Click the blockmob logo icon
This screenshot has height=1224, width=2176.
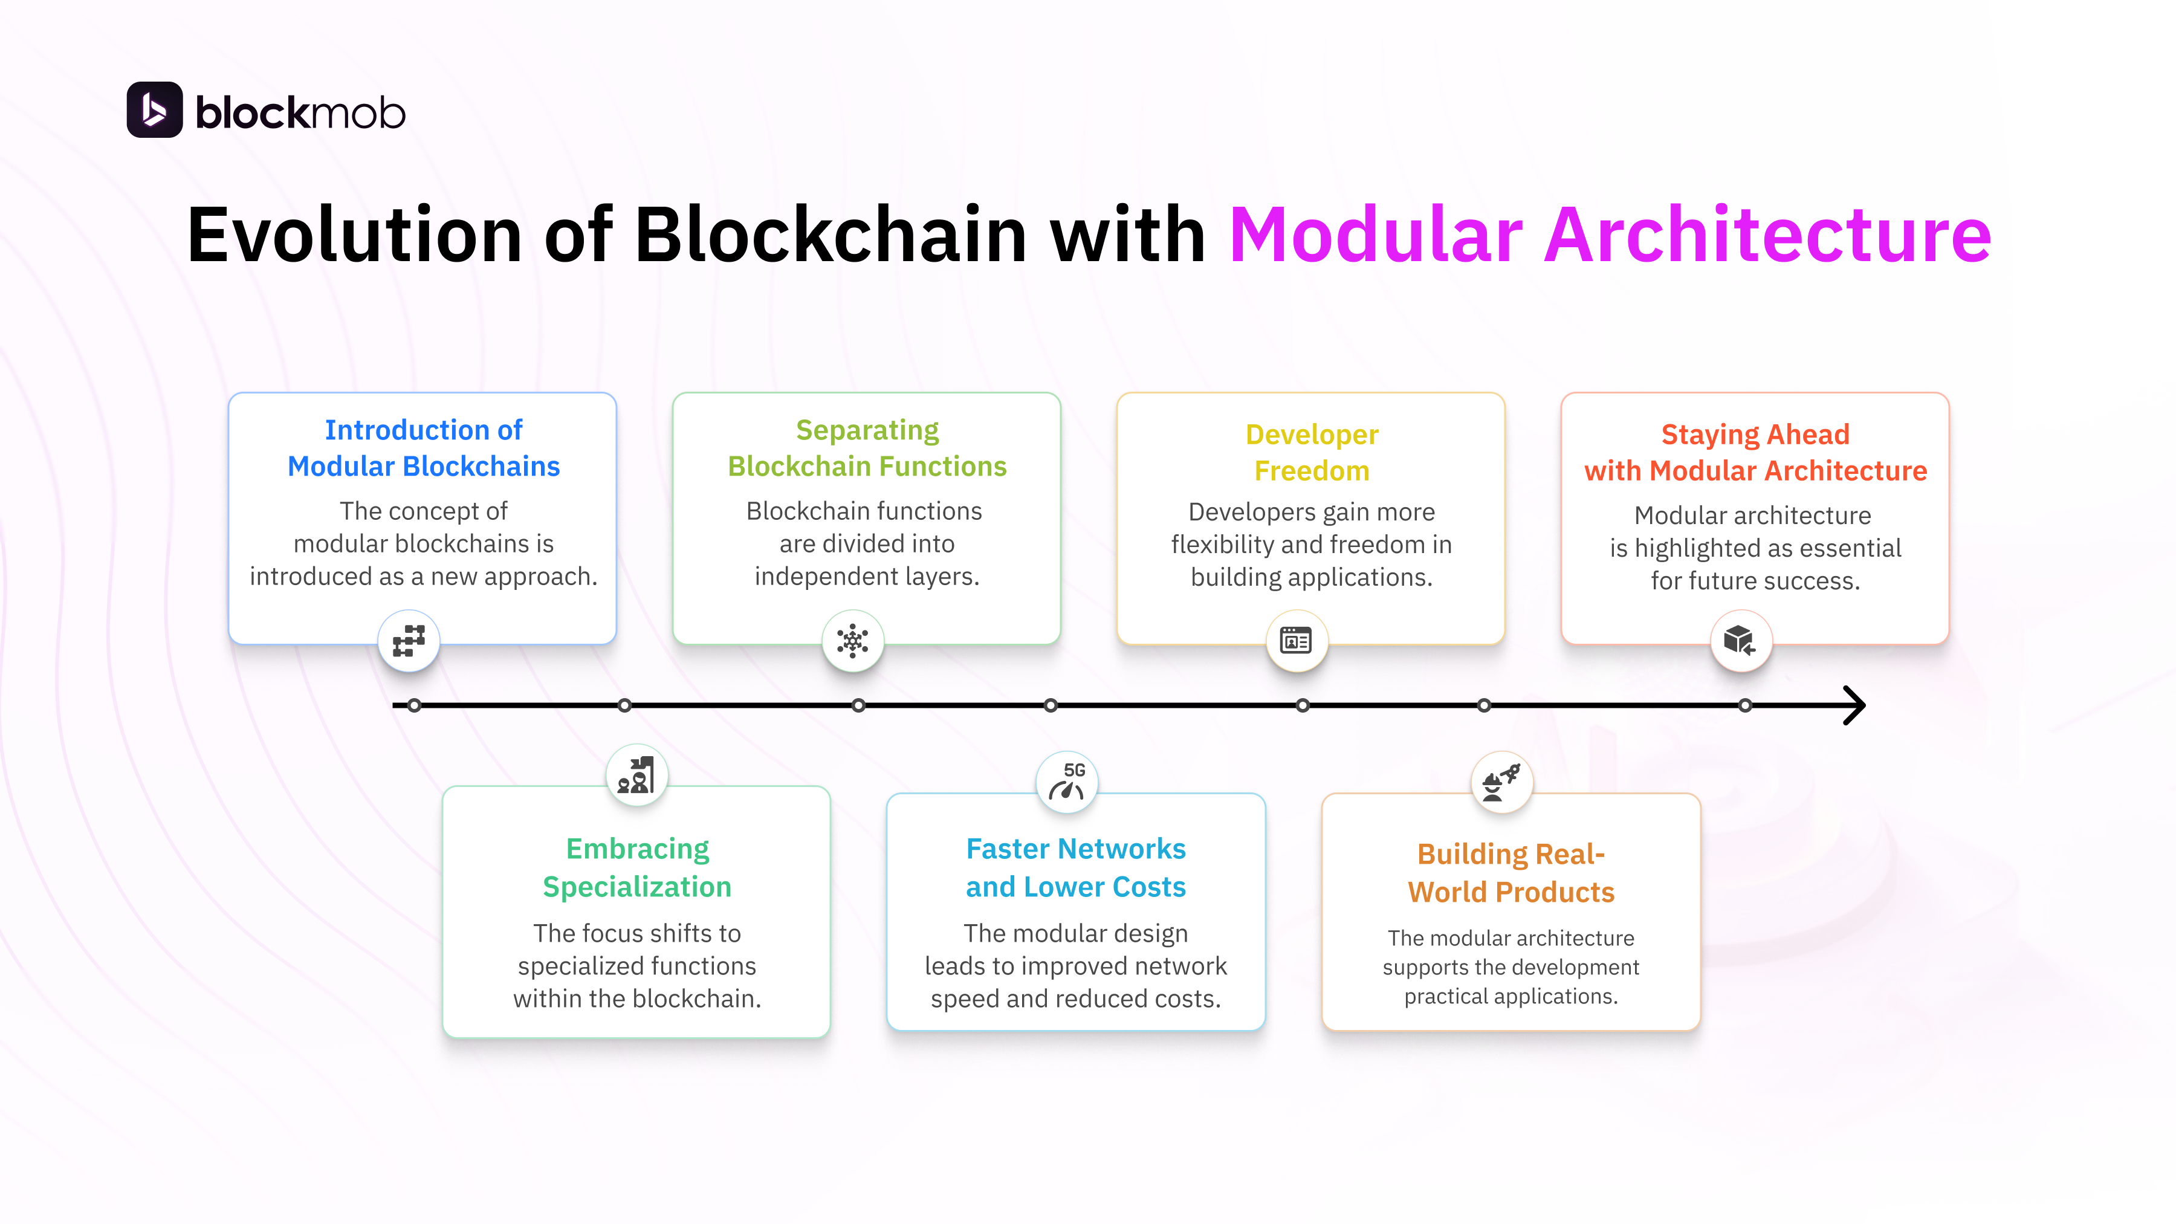pyautogui.click(x=155, y=110)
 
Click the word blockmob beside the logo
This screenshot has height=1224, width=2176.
pyautogui.click(x=300, y=113)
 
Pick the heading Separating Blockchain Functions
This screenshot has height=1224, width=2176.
pyautogui.click(x=867, y=448)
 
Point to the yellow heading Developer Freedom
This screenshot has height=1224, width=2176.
pyautogui.click(x=1311, y=452)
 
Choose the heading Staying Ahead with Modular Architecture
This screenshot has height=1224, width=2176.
pyautogui.click(x=1755, y=452)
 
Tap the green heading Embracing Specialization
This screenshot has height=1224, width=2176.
pyautogui.click(x=637, y=867)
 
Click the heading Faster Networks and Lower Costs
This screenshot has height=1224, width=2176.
pyautogui.click(x=1075, y=867)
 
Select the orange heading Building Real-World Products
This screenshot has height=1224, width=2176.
pyautogui.click(x=1511, y=873)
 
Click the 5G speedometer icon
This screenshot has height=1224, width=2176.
pyautogui.click(x=1067, y=782)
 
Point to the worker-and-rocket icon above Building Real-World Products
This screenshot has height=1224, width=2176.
pyautogui.click(x=1501, y=782)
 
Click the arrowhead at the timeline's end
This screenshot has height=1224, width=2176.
pyautogui.click(x=1854, y=705)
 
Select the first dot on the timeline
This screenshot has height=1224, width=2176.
pyautogui.click(x=414, y=705)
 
